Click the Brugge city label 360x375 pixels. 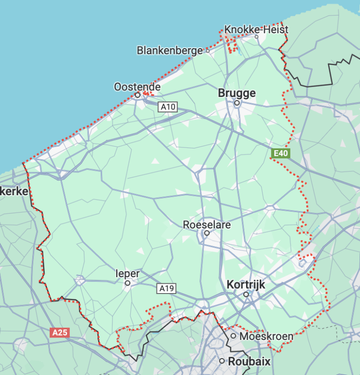pos(237,93)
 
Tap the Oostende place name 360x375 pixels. pos(137,87)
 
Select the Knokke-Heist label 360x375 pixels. pos(256,29)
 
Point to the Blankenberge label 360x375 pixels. pos(170,50)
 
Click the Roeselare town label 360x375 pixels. pos(207,225)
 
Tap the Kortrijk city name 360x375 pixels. pos(246,284)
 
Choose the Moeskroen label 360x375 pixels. pos(266,336)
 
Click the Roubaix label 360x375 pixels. pos(250,361)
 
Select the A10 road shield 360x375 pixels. pos(167,107)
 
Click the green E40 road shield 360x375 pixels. pos(281,153)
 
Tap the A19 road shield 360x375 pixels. pos(166,288)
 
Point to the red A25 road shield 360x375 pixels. pos(60,333)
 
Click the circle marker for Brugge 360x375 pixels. pos(237,103)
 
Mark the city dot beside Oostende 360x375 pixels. pos(138,95)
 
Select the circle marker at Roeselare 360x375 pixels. pos(206,232)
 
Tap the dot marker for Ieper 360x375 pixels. pos(127,283)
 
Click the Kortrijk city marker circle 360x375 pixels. pos(246,294)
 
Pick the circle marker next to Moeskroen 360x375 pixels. pos(233,336)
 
